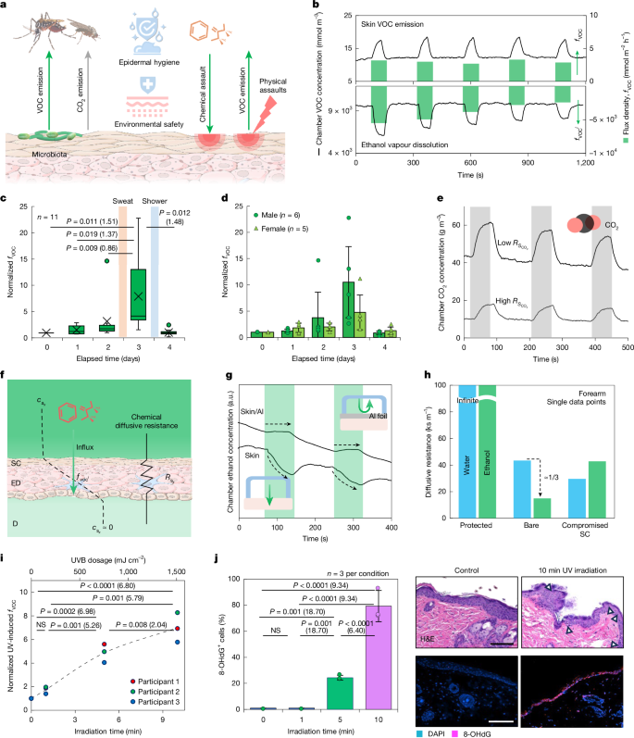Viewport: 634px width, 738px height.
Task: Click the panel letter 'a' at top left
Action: [x=5, y=6]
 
